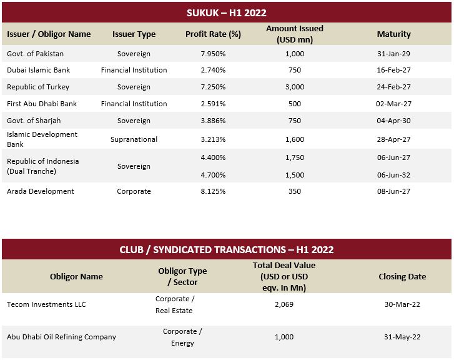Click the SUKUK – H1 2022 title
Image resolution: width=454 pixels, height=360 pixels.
[x=227, y=12]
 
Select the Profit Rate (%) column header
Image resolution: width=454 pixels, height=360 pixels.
[x=213, y=34]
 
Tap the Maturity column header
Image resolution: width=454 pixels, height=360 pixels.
[x=394, y=34]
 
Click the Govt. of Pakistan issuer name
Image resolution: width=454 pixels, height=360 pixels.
[x=36, y=54]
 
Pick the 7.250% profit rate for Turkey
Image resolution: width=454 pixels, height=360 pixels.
[x=213, y=87]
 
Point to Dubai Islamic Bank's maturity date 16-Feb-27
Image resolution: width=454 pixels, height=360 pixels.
[x=394, y=70]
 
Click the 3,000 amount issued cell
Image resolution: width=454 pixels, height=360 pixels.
[x=295, y=87]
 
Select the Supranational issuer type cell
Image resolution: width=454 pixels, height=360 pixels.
[x=134, y=139]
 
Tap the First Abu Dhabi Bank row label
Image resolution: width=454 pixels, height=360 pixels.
[x=42, y=104]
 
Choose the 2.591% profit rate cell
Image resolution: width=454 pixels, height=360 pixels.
[x=213, y=104]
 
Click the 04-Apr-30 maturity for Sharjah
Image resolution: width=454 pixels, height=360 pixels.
[x=394, y=121]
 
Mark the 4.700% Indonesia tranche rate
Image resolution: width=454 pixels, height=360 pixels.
[x=213, y=175]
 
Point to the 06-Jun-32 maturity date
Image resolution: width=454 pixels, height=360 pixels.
[x=394, y=175]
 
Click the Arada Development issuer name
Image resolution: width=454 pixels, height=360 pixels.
[x=41, y=191]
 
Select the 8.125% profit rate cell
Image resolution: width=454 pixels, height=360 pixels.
[x=213, y=191]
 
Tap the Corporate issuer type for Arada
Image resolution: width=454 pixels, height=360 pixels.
[x=134, y=191]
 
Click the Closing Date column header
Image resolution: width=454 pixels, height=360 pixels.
[x=402, y=276]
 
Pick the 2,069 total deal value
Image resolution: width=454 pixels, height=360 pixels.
[x=284, y=304]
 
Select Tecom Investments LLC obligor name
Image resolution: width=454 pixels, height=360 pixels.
[x=46, y=304]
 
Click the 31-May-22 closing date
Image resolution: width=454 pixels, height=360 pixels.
[x=402, y=337]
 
